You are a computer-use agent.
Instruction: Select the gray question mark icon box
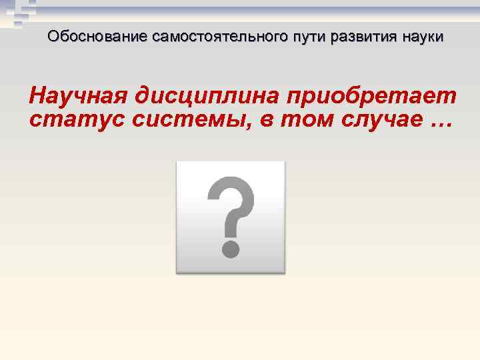point(230,217)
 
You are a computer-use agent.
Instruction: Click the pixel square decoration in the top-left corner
point(16,13)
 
